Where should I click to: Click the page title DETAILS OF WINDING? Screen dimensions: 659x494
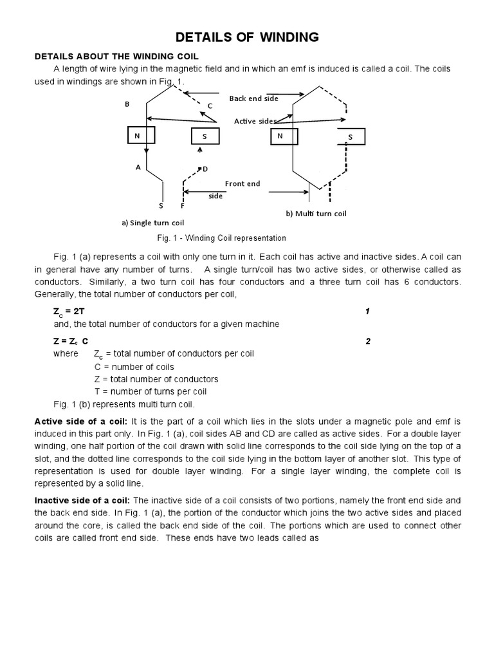[248, 37]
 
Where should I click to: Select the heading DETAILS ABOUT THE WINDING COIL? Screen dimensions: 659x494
[116, 57]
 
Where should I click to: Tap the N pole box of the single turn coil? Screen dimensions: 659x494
[138, 136]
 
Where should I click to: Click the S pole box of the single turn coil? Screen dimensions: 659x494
[205, 136]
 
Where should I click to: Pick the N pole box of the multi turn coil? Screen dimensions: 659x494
[280, 136]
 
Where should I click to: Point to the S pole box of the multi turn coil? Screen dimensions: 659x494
[351, 137]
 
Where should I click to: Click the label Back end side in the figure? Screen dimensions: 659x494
[253, 98]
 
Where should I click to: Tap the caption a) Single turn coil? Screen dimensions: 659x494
[153, 223]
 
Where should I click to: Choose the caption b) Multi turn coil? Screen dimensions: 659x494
[316, 213]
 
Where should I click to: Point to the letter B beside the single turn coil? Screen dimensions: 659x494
[127, 104]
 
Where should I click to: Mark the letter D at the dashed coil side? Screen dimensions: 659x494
[205, 169]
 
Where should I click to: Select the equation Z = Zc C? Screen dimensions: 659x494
[71, 341]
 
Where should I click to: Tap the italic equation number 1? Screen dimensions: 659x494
[367, 311]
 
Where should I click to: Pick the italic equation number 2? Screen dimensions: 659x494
[368, 341]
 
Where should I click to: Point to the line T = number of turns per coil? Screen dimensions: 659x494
[150, 391]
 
